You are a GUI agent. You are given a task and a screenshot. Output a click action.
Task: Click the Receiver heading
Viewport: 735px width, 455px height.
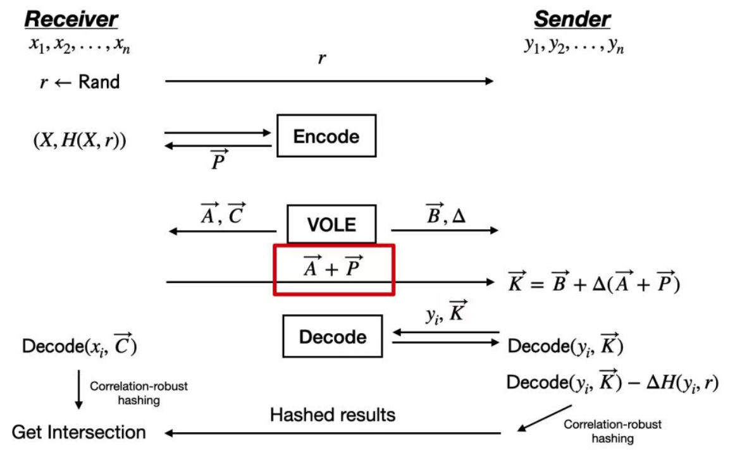(71, 18)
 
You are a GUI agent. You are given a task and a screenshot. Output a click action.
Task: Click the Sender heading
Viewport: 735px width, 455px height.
(572, 18)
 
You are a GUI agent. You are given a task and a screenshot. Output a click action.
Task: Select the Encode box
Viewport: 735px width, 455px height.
(326, 136)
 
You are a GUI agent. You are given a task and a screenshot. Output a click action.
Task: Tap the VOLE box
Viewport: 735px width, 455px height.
(331, 224)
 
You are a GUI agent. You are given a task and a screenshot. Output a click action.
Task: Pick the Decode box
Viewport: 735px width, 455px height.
(333, 337)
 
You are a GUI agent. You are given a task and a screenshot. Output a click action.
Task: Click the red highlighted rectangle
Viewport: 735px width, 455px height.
(334, 269)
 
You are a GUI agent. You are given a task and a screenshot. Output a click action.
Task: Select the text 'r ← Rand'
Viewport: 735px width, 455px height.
(79, 82)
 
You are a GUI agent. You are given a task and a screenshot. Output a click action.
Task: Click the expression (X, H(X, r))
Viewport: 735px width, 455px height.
(80, 141)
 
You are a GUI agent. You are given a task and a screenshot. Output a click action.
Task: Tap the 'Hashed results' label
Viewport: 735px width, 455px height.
(333, 415)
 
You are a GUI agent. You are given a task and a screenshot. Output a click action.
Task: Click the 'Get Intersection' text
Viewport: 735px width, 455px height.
(79, 432)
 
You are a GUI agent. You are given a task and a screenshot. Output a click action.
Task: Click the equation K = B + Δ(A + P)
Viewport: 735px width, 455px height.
(595, 283)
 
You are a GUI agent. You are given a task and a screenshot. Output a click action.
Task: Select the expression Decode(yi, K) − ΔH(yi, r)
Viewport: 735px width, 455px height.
(613, 382)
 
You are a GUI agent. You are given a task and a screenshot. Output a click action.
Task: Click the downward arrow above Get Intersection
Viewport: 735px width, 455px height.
(79, 390)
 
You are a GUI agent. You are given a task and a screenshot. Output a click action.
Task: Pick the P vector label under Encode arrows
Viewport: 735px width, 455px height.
(218, 162)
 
